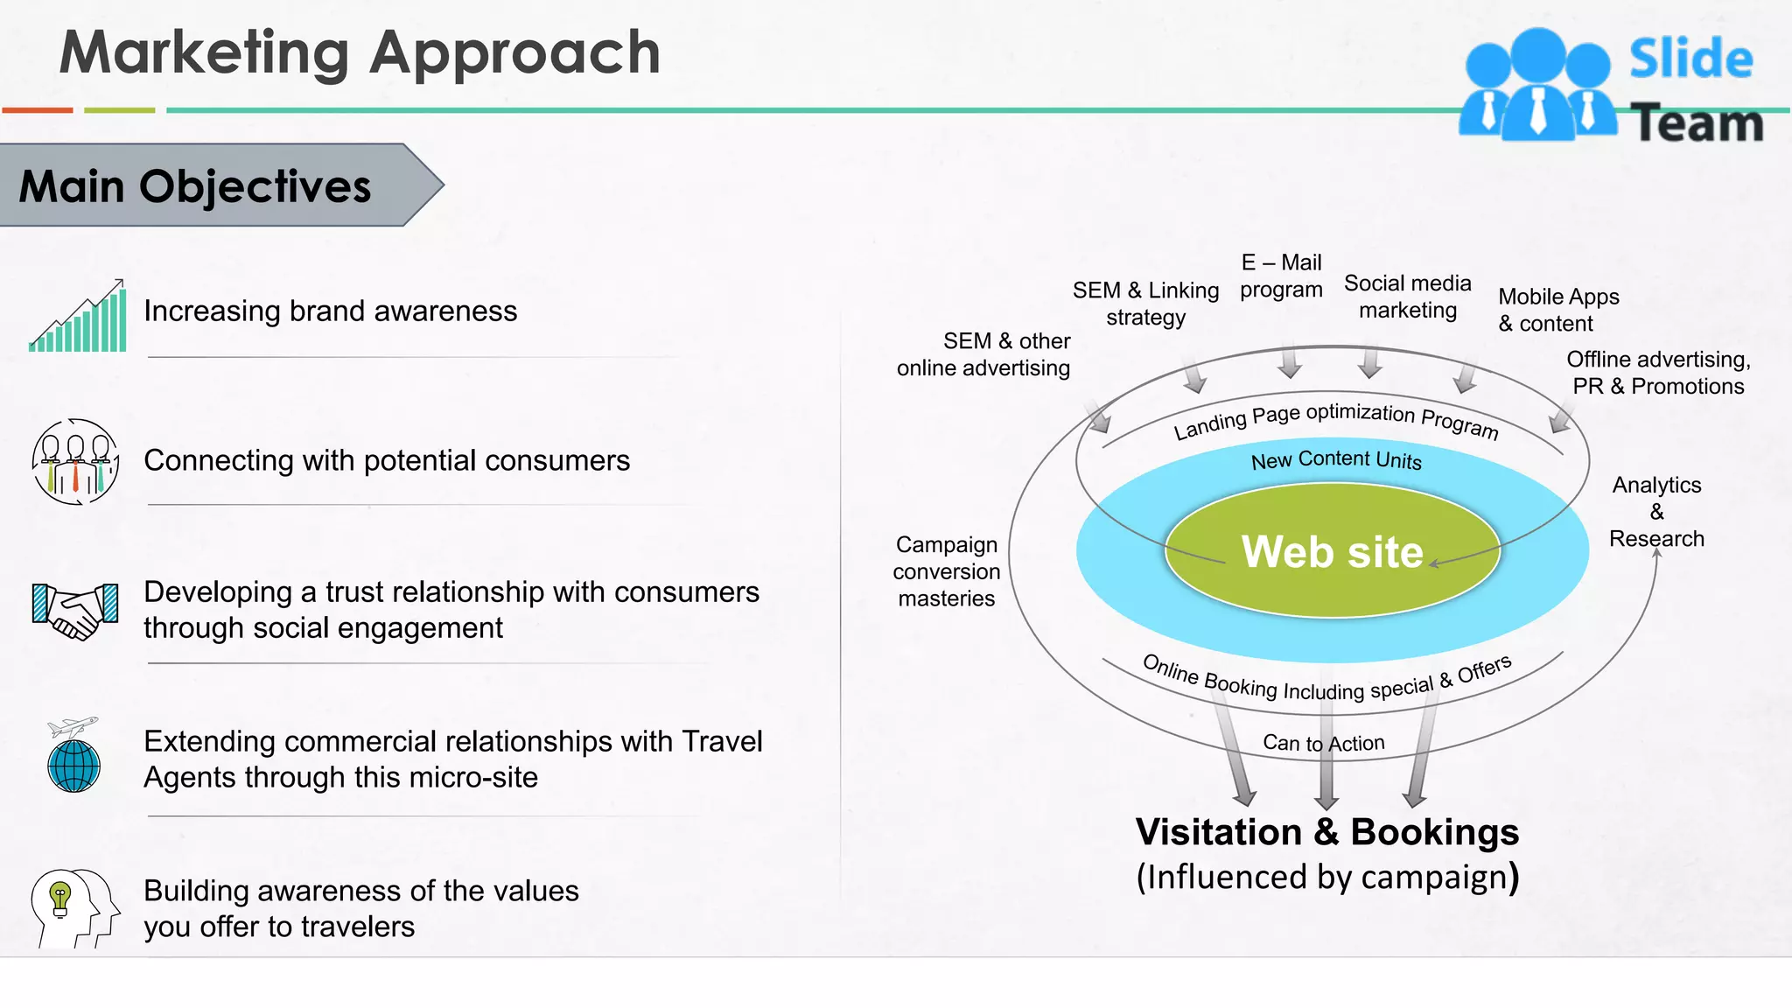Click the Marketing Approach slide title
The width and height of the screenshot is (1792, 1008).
coord(360,52)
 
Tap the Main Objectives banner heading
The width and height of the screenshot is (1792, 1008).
coord(195,186)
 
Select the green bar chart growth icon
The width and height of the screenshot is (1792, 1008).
coord(79,317)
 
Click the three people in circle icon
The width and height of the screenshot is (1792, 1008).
coord(75,461)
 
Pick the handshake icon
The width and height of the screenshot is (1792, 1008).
coord(75,610)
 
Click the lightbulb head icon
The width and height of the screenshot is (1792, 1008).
coord(74,907)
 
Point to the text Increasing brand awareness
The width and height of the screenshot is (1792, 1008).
coord(330,311)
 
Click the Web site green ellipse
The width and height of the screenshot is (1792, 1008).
coord(1332,551)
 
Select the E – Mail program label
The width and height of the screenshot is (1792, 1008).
coord(1281,276)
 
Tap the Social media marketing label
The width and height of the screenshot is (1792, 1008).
coord(1407,297)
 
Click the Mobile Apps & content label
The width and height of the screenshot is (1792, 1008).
coord(1558,310)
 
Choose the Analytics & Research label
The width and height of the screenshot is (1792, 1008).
coord(1656,512)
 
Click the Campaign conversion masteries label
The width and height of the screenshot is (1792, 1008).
coord(946,571)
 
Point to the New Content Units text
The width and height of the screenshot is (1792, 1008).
coord(1336,459)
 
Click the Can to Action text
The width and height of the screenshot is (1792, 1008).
coord(1323,743)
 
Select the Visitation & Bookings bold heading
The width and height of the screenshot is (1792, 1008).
coord(1326,832)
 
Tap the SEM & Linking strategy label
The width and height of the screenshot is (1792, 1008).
coord(1145,303)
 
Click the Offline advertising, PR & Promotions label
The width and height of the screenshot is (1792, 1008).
coord(1657,373)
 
